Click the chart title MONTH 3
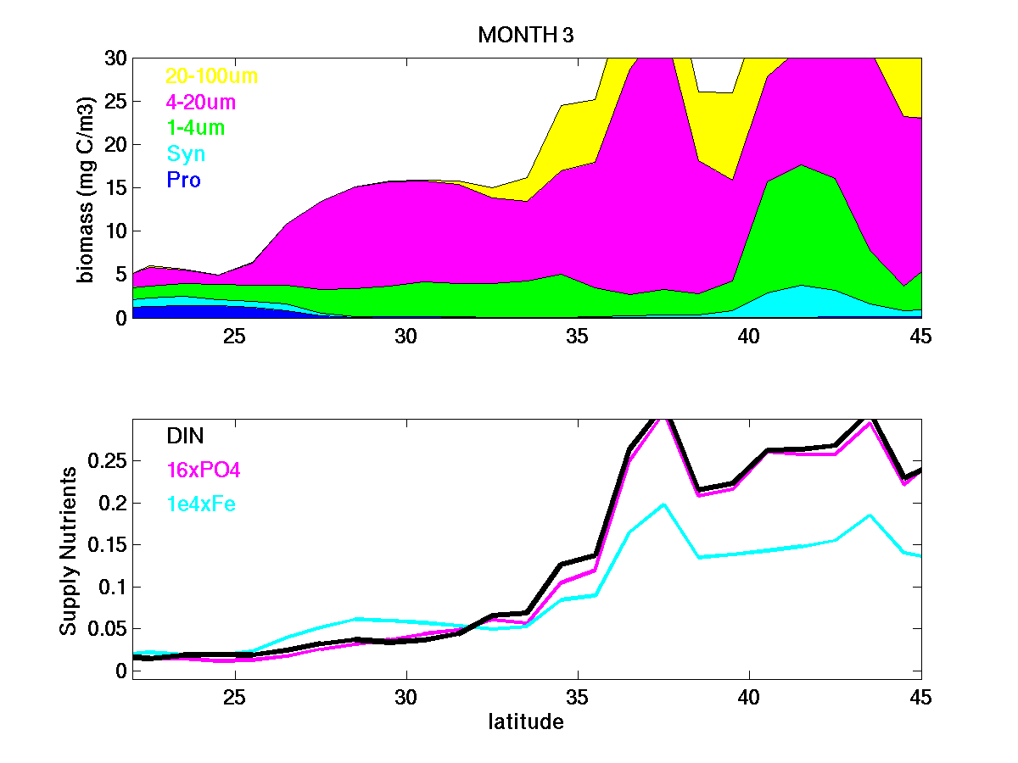[x=527, y=35]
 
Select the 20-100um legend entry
[x=211, y=76]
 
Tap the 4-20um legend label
[x=201, y=103]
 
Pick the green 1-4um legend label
[x=195, y=129]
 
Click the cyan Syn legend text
[x=186, y=154]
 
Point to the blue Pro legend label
[x=183, y=181]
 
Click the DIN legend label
[x=185, y=436]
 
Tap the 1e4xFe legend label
[x=200, y=504]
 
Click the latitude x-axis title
[x=526, y=723]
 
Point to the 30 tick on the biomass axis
[x=115, y=58]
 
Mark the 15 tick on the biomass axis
[x=115, y=188]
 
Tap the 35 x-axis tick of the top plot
[x=578, y=336]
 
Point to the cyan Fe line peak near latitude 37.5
[x=663, y=504]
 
